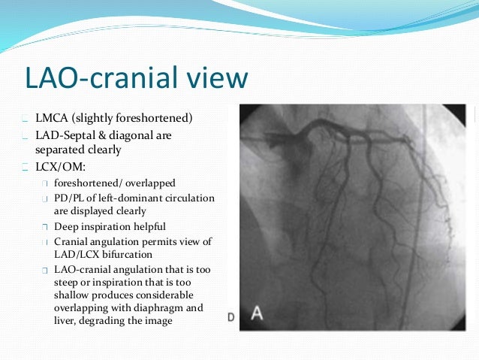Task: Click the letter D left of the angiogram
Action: click(x=231, y=317)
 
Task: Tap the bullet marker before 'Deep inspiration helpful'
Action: click(x=45, y=227)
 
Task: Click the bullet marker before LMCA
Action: click(x=26, y=119)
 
